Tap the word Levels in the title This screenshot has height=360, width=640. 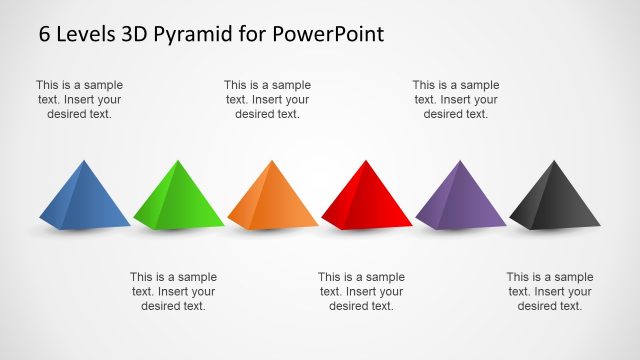tap(85, 34)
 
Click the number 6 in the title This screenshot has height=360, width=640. tap(45, 34)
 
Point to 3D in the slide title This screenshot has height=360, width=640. tap(135, 34)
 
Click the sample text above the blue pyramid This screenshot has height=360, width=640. tap(80, 100)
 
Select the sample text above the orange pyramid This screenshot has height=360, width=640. tap(268, 100)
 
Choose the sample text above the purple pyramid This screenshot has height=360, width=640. tap(456, 100)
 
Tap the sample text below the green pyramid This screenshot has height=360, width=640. tap(174, 291)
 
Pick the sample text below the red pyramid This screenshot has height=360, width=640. tap(362, 291)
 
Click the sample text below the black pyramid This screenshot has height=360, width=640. tap(550, 291)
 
